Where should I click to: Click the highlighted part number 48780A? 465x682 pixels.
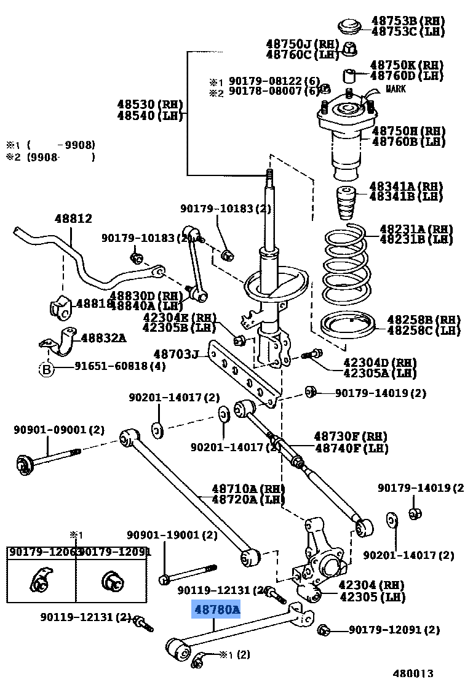click(217, 610)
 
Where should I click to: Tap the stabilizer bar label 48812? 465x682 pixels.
click(73, 219)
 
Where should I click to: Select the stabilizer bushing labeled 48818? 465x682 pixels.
click(60, 308)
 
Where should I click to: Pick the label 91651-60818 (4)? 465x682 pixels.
click(120, 366)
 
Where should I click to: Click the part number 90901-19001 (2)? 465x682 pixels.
click(172, 536)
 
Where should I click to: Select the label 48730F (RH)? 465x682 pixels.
click(351, 436)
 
